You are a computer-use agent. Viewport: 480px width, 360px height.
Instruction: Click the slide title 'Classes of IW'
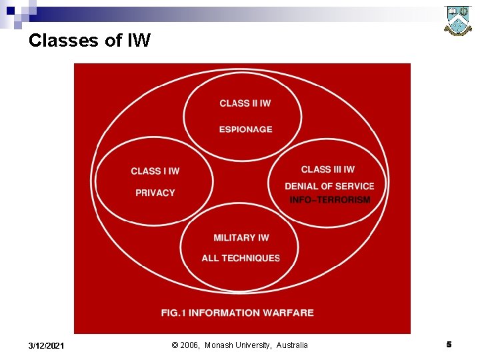coord(89,41)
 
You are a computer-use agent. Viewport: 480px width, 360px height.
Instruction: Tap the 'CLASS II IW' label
coord(245,103)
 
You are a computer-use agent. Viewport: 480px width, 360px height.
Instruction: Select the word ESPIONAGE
coord(245,129)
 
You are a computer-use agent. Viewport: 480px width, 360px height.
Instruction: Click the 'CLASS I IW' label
coord(155,171)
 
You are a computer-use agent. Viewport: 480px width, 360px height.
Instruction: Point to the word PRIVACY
coord(155,193)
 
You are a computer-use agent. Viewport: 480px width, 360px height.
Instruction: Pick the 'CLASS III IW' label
coord(327,169)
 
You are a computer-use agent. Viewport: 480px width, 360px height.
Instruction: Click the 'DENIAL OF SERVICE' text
coord(329,186)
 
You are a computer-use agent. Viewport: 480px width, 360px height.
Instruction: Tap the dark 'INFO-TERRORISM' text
coord(329,200)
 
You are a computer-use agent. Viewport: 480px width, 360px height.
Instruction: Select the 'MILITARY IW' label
coord(241,238)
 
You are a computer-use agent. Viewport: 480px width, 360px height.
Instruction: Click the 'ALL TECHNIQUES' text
coord(241,258)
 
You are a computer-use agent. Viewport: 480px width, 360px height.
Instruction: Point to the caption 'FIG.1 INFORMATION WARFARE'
coord(237,313)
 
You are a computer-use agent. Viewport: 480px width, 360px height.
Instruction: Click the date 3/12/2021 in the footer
coord(47,345)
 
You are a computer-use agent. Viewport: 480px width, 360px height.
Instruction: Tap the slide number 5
coord(449,345)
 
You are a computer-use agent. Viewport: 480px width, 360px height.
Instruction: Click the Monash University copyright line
coord(240,345)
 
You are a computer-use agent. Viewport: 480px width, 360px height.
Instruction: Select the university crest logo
coord(458,20)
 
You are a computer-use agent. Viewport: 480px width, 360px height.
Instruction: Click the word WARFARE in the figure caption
coord(288,313)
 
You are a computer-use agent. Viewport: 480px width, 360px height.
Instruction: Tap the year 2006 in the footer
coord(190,345)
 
